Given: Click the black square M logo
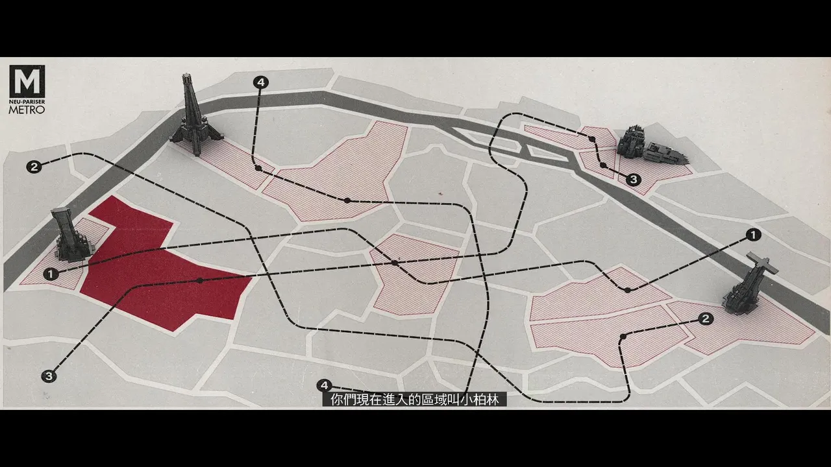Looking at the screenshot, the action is (27, 81).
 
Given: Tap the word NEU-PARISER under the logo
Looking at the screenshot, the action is (27, 102).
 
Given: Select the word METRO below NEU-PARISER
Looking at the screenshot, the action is (27, 110).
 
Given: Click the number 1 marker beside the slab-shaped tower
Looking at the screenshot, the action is (51, 274).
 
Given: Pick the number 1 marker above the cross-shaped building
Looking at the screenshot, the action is (753, 235).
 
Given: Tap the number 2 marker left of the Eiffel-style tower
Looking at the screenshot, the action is (34, 167).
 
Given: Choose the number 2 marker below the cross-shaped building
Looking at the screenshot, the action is (706, 318).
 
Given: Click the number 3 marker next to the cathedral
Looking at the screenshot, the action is (634, 180).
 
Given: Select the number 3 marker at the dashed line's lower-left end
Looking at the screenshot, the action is (49, 377).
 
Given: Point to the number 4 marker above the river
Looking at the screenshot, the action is (261, 82).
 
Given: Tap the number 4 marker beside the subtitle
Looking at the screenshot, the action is (324, 385).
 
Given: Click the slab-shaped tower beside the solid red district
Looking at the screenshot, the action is (71, 235).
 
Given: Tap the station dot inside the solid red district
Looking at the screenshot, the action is (200, 281).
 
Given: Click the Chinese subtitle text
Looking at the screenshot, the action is (415, 400).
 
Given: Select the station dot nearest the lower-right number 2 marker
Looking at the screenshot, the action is (623, 337).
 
